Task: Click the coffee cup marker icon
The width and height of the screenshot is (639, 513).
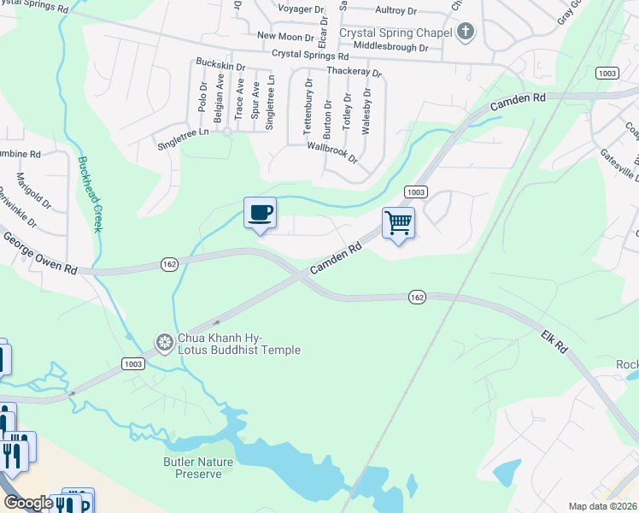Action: point(260,213)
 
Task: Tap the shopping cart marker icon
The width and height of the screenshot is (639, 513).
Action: point(398,223)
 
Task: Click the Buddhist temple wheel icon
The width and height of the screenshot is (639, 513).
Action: point(164,344)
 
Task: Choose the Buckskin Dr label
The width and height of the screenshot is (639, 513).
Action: point(220,65)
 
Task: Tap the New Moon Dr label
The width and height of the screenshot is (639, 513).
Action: point(286,37)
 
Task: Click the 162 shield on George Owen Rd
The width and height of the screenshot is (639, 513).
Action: point(169,265)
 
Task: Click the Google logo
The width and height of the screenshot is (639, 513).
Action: point(28,503)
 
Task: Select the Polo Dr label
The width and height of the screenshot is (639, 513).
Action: point(203,97)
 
